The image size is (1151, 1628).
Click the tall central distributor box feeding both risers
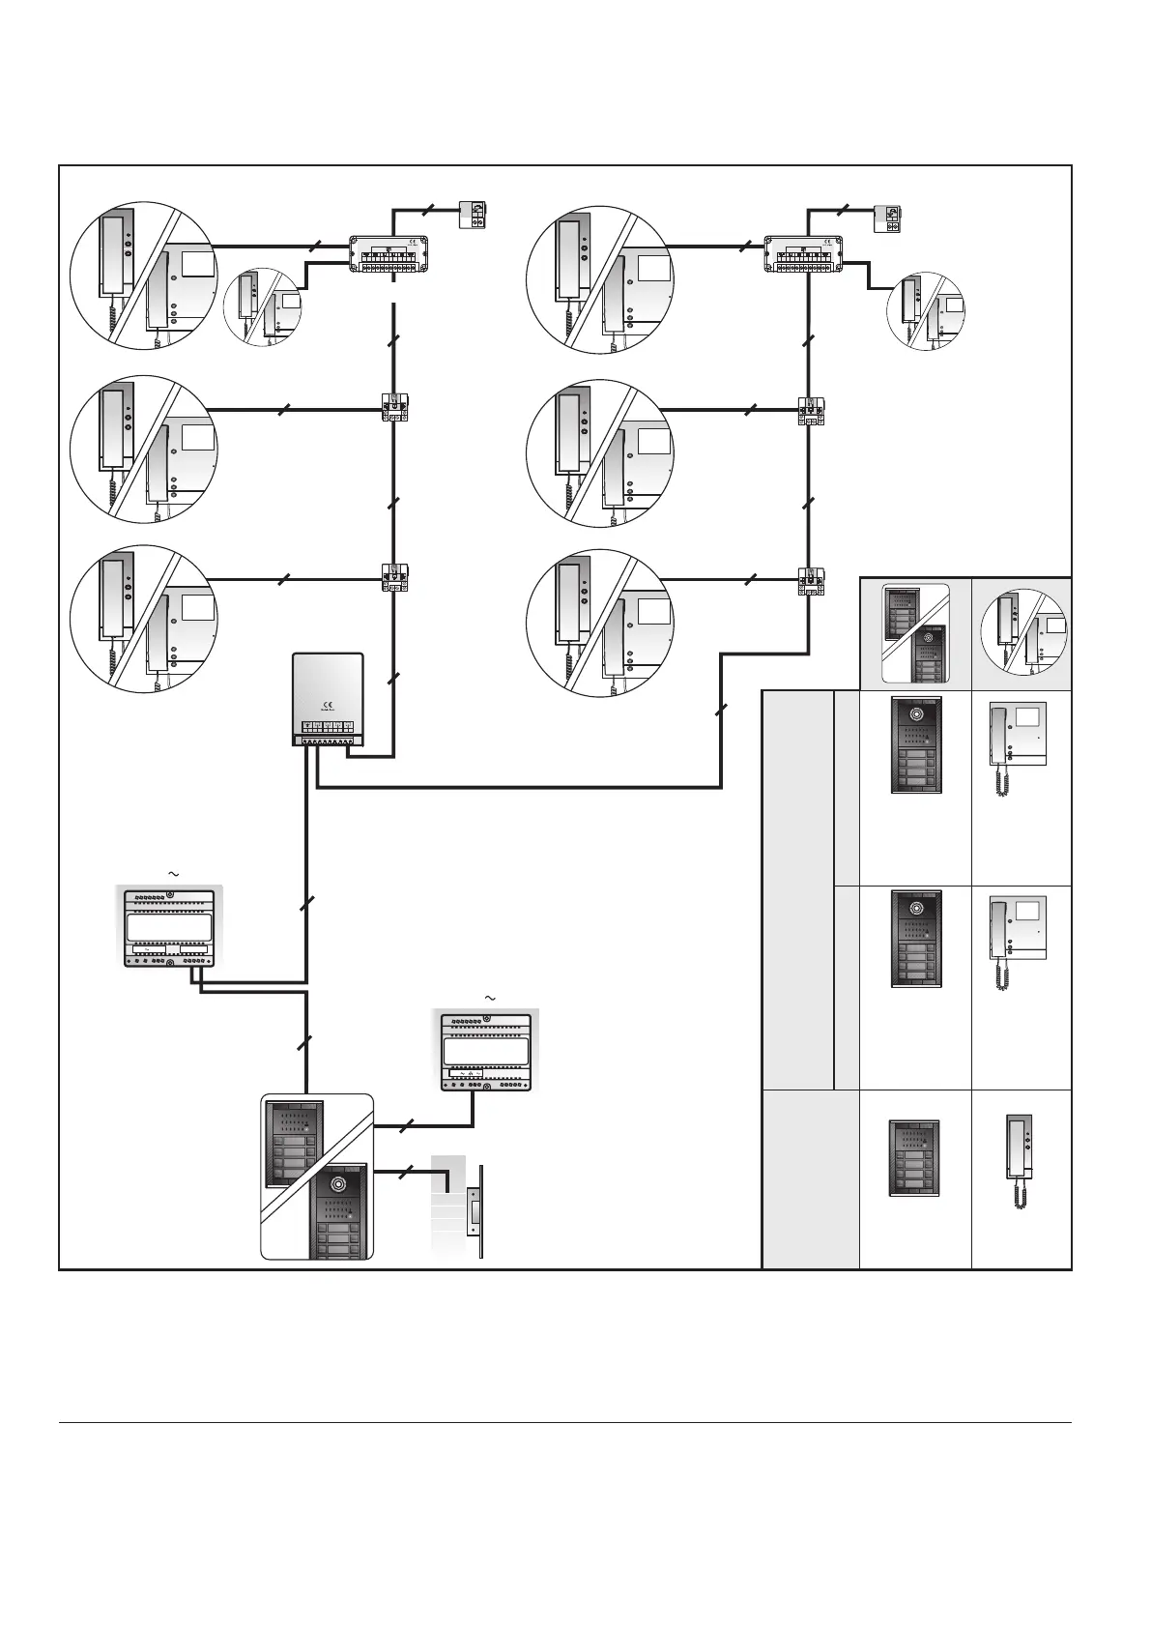(329, 700)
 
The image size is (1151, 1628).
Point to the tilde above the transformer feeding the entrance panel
(488, 997)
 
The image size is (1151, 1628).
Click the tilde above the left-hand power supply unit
(174, 874)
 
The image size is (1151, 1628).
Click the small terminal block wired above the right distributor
(887, 218)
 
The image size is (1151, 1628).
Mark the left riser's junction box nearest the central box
(396, 578)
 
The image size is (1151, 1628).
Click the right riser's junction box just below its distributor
(810, 411)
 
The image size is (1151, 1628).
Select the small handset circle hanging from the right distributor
(926, 311)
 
